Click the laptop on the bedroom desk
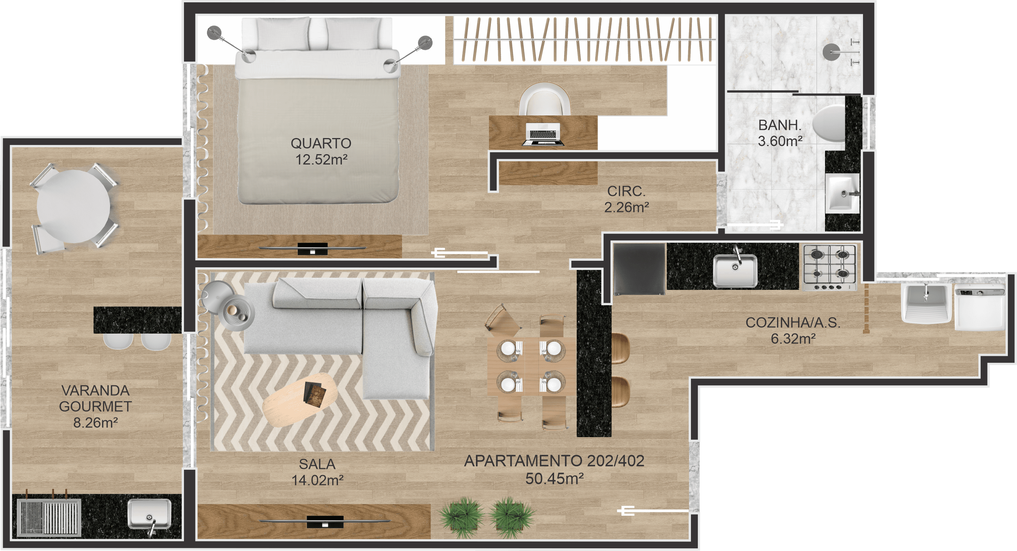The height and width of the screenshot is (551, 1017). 543,134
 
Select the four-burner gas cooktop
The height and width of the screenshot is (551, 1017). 830,267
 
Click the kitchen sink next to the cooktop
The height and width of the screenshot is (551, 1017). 735,270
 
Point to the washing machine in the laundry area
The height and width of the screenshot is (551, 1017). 980,307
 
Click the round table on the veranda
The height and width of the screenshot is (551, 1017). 74,207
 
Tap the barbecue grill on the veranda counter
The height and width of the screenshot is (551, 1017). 49,517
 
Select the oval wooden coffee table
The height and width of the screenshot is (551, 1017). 300,399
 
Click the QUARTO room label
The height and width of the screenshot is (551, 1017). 321,143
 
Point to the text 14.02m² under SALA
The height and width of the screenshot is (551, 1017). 317,480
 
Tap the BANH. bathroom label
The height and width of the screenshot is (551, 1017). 780,125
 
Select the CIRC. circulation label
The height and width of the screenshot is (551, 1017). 626,191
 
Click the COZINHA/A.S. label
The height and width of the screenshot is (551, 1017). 793,323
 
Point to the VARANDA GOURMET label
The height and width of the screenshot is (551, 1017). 95,398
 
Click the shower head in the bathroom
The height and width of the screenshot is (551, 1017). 832,52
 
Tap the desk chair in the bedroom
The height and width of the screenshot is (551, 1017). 545,99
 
